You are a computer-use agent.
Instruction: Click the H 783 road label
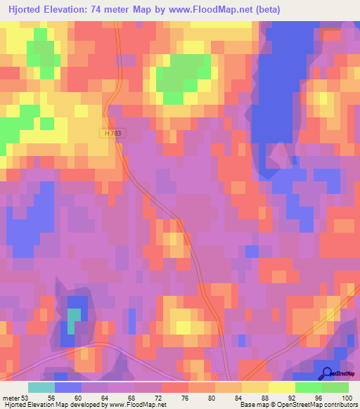click(x=106, y=132)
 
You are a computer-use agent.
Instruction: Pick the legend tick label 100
click(x=345, y=397)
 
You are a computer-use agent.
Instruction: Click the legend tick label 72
click(x=165, y=397)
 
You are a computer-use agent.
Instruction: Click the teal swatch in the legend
click(x=41, y=387)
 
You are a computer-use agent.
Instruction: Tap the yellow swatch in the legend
click(x=282, y=387)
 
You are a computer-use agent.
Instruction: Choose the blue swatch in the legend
click(x=68, y=387)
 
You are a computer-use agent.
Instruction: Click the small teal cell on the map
click(x=73, y=321)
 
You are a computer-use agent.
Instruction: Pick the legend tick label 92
click(x=298, y=397)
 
